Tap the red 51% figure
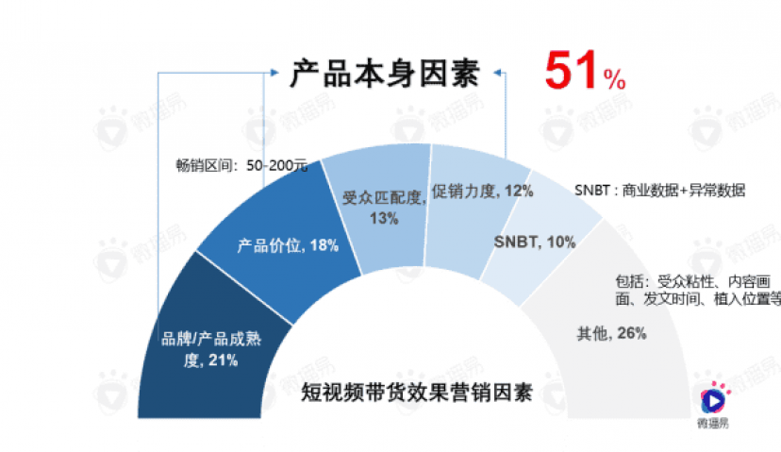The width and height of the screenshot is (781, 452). (584, 72)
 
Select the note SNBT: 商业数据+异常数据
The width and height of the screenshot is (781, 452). (660, 190)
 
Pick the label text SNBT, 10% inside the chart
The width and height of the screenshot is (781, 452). (535, 242)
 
